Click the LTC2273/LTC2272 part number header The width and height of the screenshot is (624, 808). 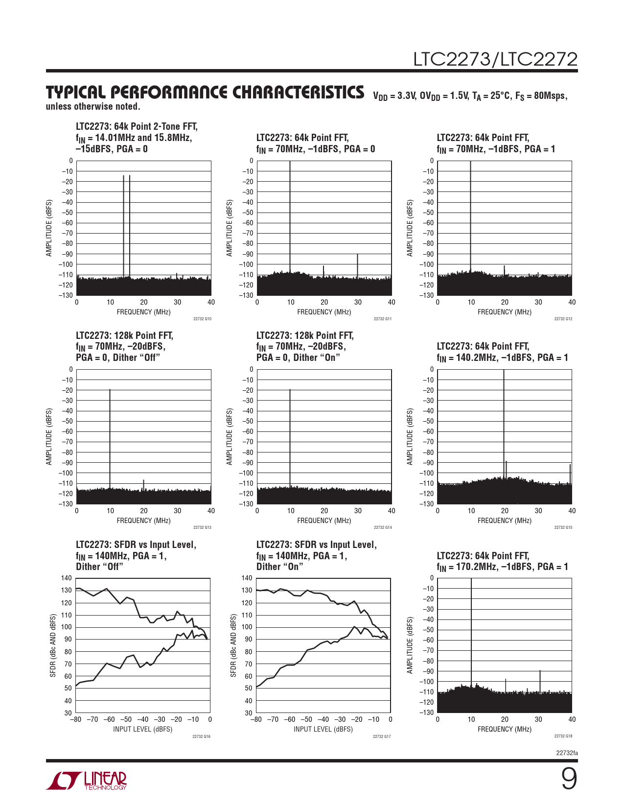[495, 59]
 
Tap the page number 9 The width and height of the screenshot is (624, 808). [569, 779]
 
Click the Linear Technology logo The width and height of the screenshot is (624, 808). [87, 781]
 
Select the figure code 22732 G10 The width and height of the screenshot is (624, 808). [202, 319]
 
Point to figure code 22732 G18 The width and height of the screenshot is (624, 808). [563, 736]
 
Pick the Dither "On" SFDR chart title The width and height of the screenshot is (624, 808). [316, 555]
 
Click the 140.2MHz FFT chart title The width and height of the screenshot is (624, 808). [502, 352]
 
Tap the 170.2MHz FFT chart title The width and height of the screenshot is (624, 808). [502, 561]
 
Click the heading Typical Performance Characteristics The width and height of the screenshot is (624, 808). [205, 93]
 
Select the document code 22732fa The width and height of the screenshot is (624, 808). [567, 753]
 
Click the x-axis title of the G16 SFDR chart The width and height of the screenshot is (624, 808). [143, 729]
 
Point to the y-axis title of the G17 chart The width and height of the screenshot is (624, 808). [233, 646]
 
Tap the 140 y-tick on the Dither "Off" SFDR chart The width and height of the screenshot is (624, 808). [67, 578]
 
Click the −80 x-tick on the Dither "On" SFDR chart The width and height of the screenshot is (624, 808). [256, 719]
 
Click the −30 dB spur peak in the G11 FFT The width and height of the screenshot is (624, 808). [358, 254]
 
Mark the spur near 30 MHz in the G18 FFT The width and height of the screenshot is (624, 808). [540, 671]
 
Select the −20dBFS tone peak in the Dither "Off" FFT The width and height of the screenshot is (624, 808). [110, 390]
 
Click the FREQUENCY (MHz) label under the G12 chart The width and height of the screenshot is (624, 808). [505, 312]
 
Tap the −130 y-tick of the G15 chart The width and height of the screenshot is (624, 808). [427, 504]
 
